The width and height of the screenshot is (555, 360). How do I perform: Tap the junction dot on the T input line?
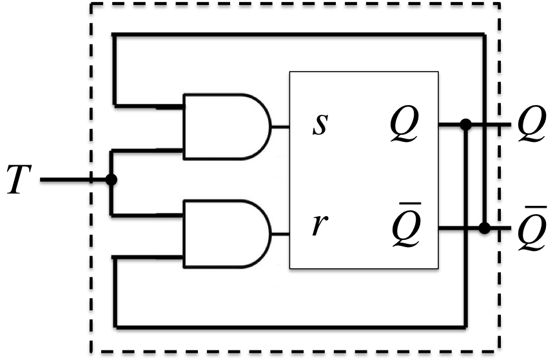tap(111, 180)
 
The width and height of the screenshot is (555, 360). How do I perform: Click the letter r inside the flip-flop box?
tap(317, 226)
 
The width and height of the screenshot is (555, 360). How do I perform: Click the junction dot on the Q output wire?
tap(466, 123)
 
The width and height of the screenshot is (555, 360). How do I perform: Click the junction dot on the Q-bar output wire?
tap(485, 228)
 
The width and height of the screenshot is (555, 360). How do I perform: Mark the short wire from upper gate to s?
tap(281, 126)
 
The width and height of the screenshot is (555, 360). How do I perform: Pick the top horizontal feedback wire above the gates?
tap(297, 33)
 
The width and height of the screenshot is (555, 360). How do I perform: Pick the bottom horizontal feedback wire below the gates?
tap(290, 323)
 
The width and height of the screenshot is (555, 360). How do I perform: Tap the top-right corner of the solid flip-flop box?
tap(438, 72)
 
